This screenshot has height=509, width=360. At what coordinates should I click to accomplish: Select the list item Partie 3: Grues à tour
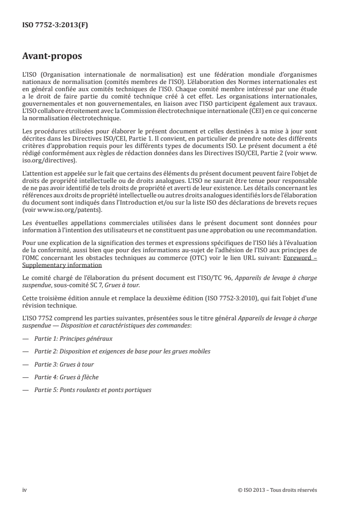point(64,364)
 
